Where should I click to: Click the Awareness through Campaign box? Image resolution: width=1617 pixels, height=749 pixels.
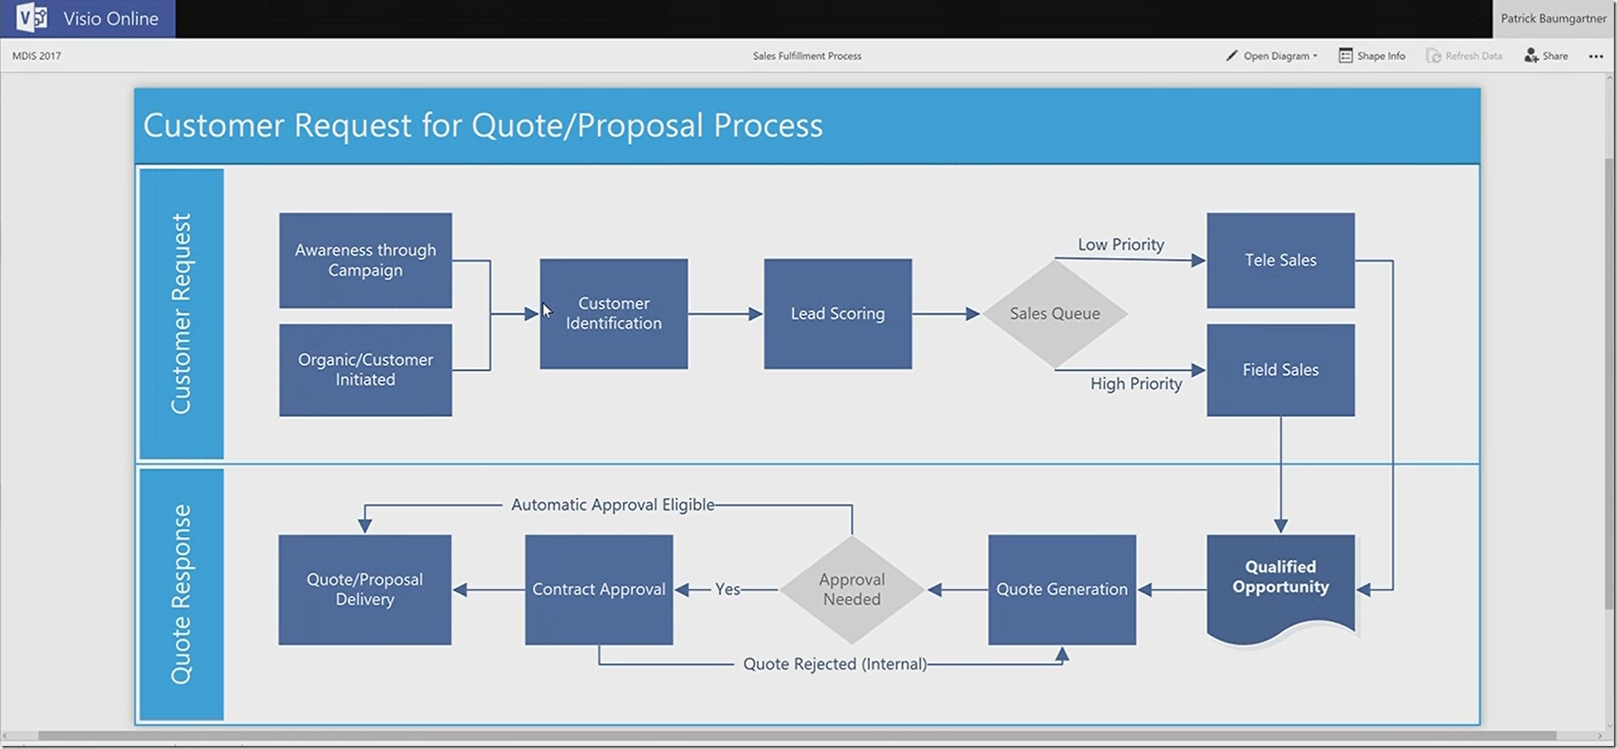365,260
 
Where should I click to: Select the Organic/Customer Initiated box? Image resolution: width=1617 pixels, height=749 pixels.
365,369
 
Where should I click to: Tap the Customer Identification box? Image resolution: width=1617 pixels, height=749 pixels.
614,313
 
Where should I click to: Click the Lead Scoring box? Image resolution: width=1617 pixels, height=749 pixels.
837,313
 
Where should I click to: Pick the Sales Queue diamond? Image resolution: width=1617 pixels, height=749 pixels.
1054,313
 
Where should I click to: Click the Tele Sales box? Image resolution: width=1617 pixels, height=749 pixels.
1280,260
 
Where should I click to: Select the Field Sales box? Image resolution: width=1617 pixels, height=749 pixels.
1280,369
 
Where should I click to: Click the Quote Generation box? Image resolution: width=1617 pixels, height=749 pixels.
1061,589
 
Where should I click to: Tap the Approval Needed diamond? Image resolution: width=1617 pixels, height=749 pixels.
852,589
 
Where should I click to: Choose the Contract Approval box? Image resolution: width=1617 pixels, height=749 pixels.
598,589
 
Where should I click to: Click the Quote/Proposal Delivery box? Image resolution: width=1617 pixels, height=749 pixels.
364,589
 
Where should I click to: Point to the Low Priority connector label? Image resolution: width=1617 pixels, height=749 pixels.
1120,244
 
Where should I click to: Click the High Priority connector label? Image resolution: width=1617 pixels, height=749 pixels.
1136,383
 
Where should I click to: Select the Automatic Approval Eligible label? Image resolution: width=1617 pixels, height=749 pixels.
612,505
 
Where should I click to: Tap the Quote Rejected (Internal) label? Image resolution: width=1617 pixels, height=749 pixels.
835,664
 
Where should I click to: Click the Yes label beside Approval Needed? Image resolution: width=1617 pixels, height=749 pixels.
727,589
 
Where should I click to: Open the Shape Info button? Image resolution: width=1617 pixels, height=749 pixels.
1372,55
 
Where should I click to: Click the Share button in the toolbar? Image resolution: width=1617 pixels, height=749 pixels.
1546,55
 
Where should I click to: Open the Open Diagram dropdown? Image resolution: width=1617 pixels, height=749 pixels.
1272,55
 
